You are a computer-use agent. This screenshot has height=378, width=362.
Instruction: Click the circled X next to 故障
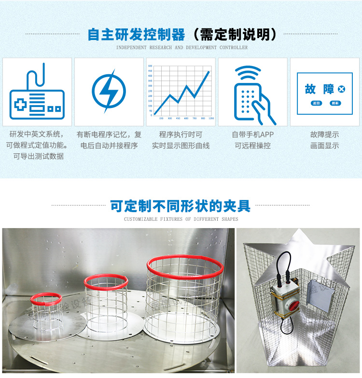(x=342, y=89)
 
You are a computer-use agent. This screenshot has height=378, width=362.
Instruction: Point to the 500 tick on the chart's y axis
(x=150, y=66)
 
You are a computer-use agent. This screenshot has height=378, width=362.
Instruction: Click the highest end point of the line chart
(x=209, y=71)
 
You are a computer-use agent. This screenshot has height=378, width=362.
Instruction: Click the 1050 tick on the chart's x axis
(x=211, y=118)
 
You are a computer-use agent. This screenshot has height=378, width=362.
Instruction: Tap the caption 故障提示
(x=324, y=135)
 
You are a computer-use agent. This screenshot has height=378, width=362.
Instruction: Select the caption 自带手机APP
(x=252, y=135)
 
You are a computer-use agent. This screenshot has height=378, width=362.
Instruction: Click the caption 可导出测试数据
(x=38, y=156)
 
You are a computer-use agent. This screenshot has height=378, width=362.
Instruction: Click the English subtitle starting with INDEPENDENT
(x=181, y=48)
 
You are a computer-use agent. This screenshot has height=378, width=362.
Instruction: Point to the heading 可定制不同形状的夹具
(x=181, y=206)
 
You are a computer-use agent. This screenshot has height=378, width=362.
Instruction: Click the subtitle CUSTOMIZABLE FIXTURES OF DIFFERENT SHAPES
(x=181, y=219)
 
